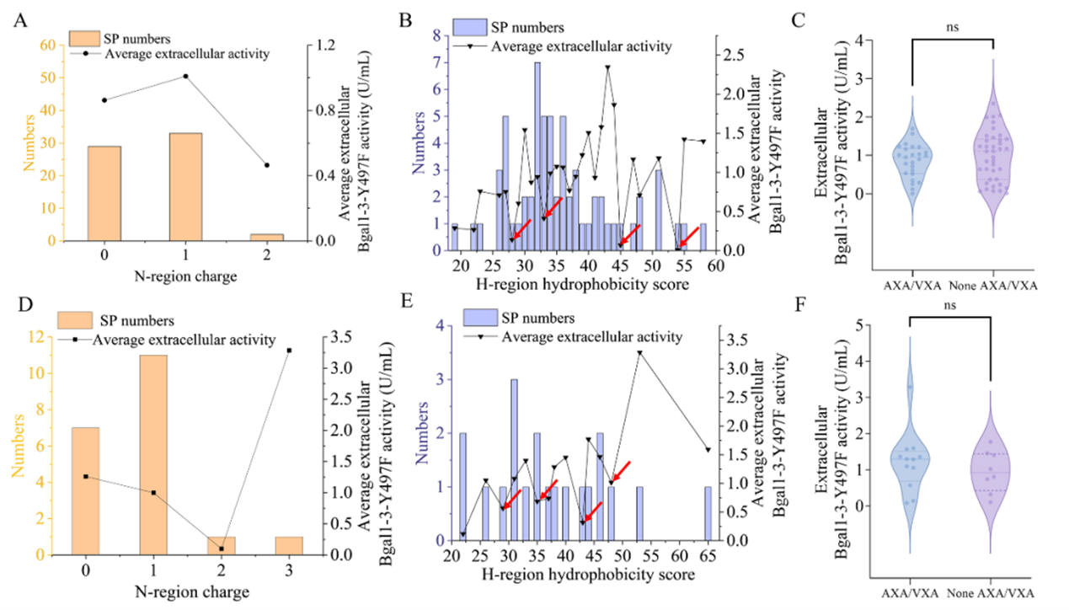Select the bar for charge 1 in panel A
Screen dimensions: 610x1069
click(185, 187)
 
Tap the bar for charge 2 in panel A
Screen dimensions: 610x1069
click(267, 237)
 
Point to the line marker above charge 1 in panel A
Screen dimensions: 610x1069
click(185, 77)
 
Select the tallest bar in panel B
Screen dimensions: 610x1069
click(537, 156)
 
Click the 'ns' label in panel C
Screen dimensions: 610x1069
click(953, 27)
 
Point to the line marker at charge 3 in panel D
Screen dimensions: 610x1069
click(289, 350)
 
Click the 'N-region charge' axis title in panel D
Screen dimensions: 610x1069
click(187, 591)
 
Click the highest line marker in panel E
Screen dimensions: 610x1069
click(639, 352)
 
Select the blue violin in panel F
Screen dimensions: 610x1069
click(911, 459)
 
